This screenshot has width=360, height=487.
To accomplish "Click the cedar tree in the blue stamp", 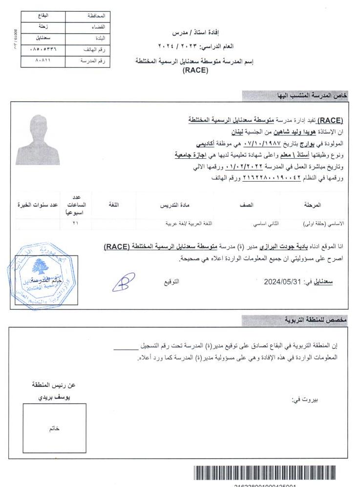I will [39, 266].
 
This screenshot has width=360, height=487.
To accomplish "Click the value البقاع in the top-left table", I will [43, 16].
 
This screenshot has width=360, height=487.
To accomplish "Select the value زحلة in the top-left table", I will [43, 27].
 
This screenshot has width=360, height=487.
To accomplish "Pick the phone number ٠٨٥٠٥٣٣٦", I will [43, 49].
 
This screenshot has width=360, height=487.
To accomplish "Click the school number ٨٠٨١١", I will [43, 61].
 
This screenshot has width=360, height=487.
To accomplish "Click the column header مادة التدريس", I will [175, 205].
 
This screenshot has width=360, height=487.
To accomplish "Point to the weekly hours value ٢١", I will [75, 223].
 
